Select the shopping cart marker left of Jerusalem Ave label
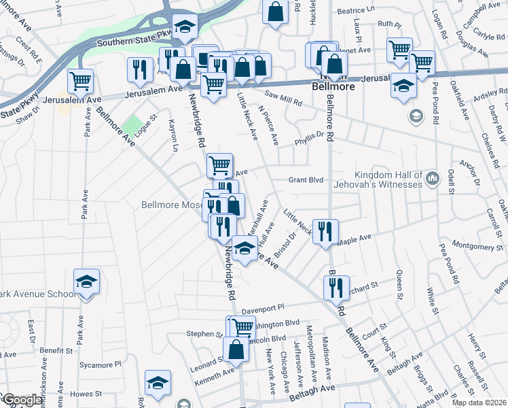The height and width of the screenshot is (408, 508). click(x=81, y=82)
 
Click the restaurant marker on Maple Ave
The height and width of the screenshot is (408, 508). click(x=325, y=231)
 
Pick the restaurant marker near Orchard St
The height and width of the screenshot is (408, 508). click(x=336, y=288)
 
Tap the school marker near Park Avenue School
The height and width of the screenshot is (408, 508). click(x=87, y=282)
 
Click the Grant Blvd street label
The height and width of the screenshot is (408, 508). click(x=305, y=180)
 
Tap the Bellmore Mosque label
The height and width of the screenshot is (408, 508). click(x=171, y=205)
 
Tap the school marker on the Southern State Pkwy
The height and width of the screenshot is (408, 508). click(x=184, y=27)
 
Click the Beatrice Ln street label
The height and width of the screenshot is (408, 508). click(x=356, y=11)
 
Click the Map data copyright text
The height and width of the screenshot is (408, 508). click(x=479, y=403)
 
